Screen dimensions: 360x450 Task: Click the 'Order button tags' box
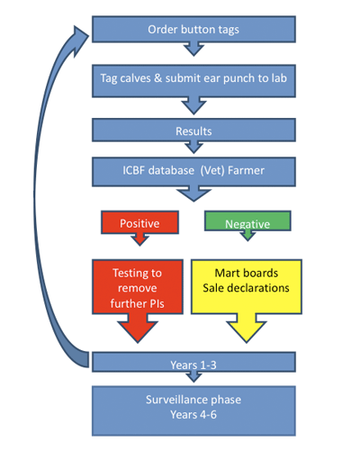pyautogui.click(x=193, y=29)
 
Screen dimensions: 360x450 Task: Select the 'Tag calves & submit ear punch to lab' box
pyautogui.click(x=193, y=81)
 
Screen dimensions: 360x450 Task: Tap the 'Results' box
pyautogui.click(x=193, y=130)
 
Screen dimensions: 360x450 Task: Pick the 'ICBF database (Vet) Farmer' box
pyautogui.click(x=193, y=172)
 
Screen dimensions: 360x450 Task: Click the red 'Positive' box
pyautogui.click(x=139, y=222)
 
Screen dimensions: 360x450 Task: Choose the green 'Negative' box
pyautogui.click(x=247, y=220)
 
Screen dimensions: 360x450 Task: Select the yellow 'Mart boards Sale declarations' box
pyautogui.click(x=247, y=287)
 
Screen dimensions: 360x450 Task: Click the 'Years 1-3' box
pyautogui.click(x=193, y=362)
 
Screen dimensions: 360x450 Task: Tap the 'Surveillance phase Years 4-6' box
pyautogui.click(x=193, y=410)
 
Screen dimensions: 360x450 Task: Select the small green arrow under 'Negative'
pyautogui.click(x=247, y=236)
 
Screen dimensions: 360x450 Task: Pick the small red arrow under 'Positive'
pyautogui.click(x=139, y=239)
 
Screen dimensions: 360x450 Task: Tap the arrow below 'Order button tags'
pyautogui.click(x=193, y=49)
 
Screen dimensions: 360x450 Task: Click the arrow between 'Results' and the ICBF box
pyautogui.click(x=193, y=147)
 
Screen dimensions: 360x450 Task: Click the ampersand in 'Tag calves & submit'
pyautogui.click(x=157, y=78)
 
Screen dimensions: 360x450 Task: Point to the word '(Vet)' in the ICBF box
pyautogui.click(x=212, y=170)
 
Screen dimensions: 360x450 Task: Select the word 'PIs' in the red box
pyautogui.click(x=157, y=303)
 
